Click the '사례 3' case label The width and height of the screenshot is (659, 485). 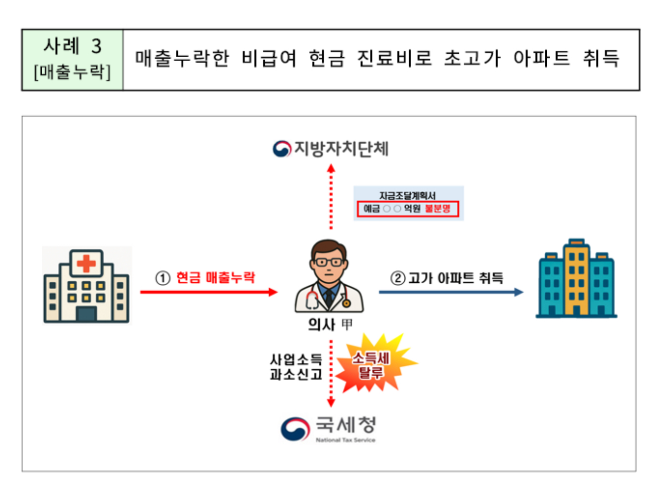point(73,46)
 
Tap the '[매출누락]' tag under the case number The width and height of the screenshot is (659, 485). point(72,73)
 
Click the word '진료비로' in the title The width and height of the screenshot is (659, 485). point(394,58)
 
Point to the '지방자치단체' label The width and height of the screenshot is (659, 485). point(342,148)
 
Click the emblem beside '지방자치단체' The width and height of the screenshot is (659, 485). point(282,148)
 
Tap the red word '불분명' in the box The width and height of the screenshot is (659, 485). point(438,209)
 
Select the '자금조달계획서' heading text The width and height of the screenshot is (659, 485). point(407,196)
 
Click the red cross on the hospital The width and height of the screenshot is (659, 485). point(86,263)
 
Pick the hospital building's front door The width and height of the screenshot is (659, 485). point(86,315)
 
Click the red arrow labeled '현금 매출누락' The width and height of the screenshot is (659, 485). point(209,292)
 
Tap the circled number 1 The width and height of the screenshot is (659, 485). point(163,278)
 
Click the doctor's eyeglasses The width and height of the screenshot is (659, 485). point(328,262)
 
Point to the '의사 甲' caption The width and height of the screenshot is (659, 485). point(330,325)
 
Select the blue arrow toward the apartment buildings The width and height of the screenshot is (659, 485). point(451,292)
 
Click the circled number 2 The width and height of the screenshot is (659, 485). point(398,278)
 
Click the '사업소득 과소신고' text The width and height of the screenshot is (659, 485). point(296,367)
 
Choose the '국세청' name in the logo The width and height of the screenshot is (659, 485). point(346,425)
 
